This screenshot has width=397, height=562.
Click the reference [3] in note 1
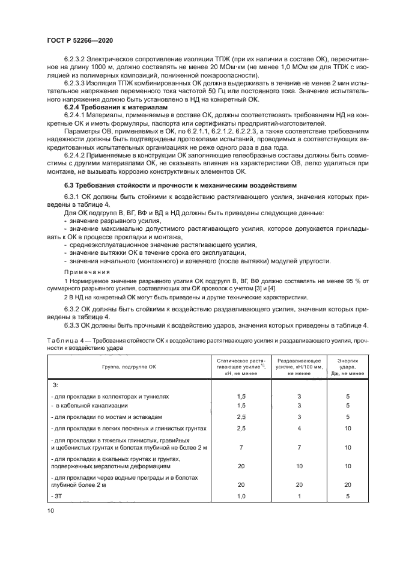pyautogui.click(x=229, y=289)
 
